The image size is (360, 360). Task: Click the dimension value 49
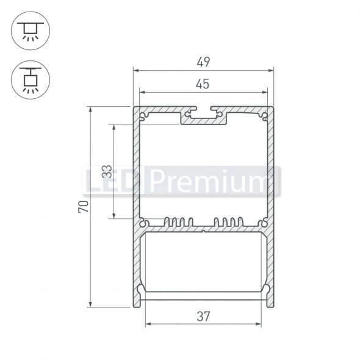pyautogui.click(x=203, y=62)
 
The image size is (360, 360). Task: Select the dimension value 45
pyautogui.click(x=203, y=84)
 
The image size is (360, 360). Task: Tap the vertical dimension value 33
pyautogui.click(x=106, y=171)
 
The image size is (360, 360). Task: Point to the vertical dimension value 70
pyautogui.click(x=83, y=206)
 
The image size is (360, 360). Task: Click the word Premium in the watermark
pyautogui.click(x=214, y=181)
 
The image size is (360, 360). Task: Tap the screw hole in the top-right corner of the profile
pyautogui.click(x=264, y=114)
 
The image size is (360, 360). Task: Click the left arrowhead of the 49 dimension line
pyautogui.click(x=136, y=71)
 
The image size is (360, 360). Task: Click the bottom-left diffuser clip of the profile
pyautogui.click(x=141, y=291)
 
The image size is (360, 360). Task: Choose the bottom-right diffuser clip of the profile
pyautogui.click(x=266, y=291)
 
